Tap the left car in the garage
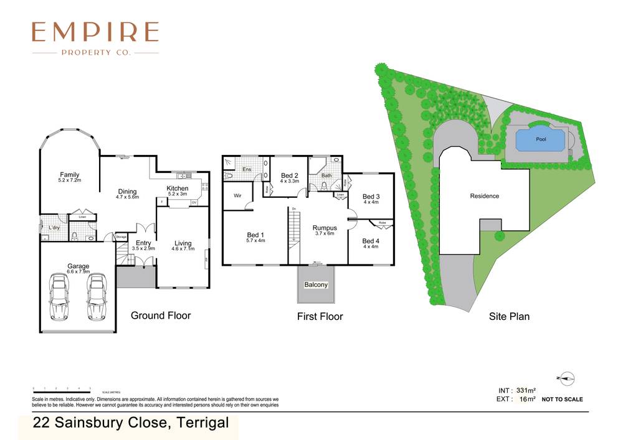click(x=60, y=297)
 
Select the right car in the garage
click(x=97, y=297)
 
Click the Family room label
click(x=69, y=175)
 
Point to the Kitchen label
click(x=177, y=189)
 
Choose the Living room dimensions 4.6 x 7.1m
click(x=183, y=249)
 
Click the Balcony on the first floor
click(x=316, y=284)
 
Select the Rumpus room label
click(x=324, y=228)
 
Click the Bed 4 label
click(x=371, y=241)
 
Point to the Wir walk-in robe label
click(x=237, y=195)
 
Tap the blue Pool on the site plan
click(x=541, y=139)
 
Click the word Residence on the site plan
click(x=484, y=196)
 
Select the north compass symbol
click(x=566, y=377)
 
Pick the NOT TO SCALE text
click(x=562, y=400)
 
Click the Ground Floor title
click(x=161, y=316)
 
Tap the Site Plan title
click(x=509, y=316)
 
